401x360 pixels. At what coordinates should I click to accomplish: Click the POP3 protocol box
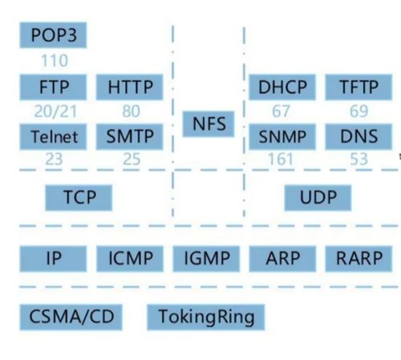coord(53,35)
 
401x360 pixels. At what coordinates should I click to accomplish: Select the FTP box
coord(53,87)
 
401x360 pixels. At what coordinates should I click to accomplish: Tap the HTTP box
coord(129,87)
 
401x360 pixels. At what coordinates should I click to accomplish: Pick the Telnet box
coord(53,136)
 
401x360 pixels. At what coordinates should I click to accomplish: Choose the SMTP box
coord(129,136)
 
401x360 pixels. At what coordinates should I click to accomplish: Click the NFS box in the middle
coord(209,124)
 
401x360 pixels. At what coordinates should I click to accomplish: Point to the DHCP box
coord(282,87)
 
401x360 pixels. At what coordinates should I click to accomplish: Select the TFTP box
coord(358,87)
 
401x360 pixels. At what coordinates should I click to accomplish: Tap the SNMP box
coord(282,136)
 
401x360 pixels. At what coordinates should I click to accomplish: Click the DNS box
coord(358,136)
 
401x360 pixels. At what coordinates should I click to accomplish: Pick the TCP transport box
coord(79,198)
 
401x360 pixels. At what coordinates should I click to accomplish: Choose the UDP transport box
coord(318,198)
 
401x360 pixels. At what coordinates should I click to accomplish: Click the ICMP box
coord(130,259)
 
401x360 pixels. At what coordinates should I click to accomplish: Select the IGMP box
coord(206,259)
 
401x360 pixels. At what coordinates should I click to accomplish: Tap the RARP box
coord(358,259)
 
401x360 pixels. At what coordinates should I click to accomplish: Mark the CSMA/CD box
coord(71,318)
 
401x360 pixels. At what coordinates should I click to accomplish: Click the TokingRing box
coord(206,318)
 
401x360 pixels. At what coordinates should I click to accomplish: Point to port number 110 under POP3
coord(55,61)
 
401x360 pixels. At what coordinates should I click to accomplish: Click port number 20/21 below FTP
coord(55,111)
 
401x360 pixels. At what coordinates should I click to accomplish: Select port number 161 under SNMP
coord(281,160)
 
